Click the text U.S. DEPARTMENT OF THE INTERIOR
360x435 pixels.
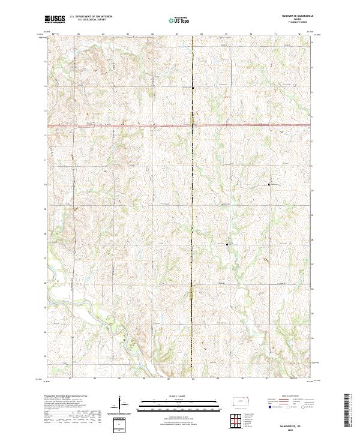point(91,17)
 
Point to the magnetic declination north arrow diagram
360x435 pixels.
point(124,408)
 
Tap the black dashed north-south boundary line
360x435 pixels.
point(192,180)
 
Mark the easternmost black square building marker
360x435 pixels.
point(269,185)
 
